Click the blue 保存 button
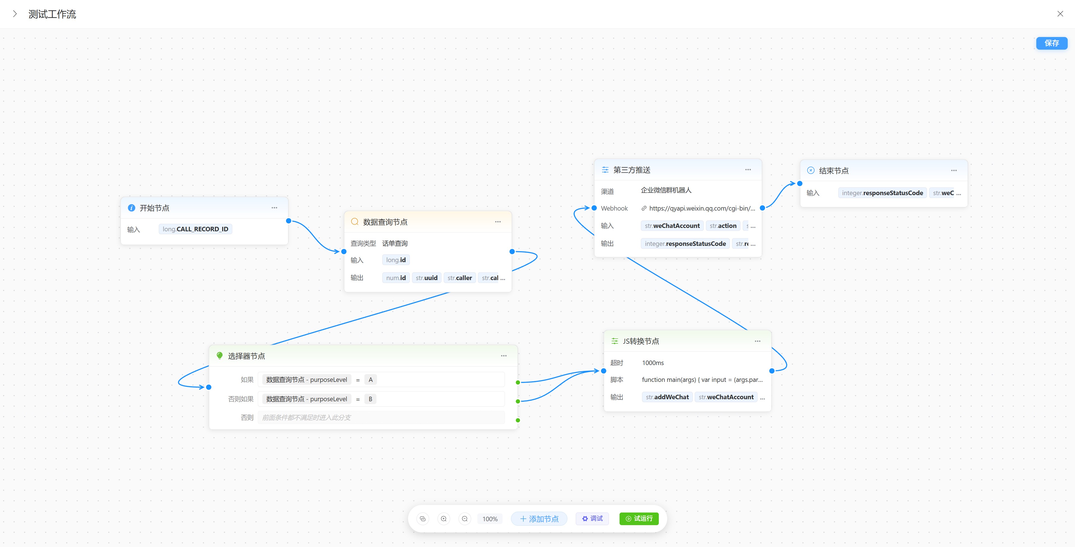(x=1052, y=43)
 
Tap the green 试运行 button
(x=639, y=519)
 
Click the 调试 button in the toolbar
(x=592, y=519)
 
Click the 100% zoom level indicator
(x=490, y=519)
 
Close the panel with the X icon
(x=1060, y=14)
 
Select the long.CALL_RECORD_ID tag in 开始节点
(x=195, y=229)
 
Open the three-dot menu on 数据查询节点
(x=498, y=222)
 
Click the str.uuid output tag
(x=427, y=278)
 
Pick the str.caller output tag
(x=459, y=278)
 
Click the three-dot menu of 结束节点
(x=954, y=170)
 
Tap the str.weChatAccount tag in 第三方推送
(x=672, y=226)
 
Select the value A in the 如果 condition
(x=370, y=380)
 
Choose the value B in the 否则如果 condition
(x=370, y=399)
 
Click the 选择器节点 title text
(x=246, y=356)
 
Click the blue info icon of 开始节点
(x=132, y=208)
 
